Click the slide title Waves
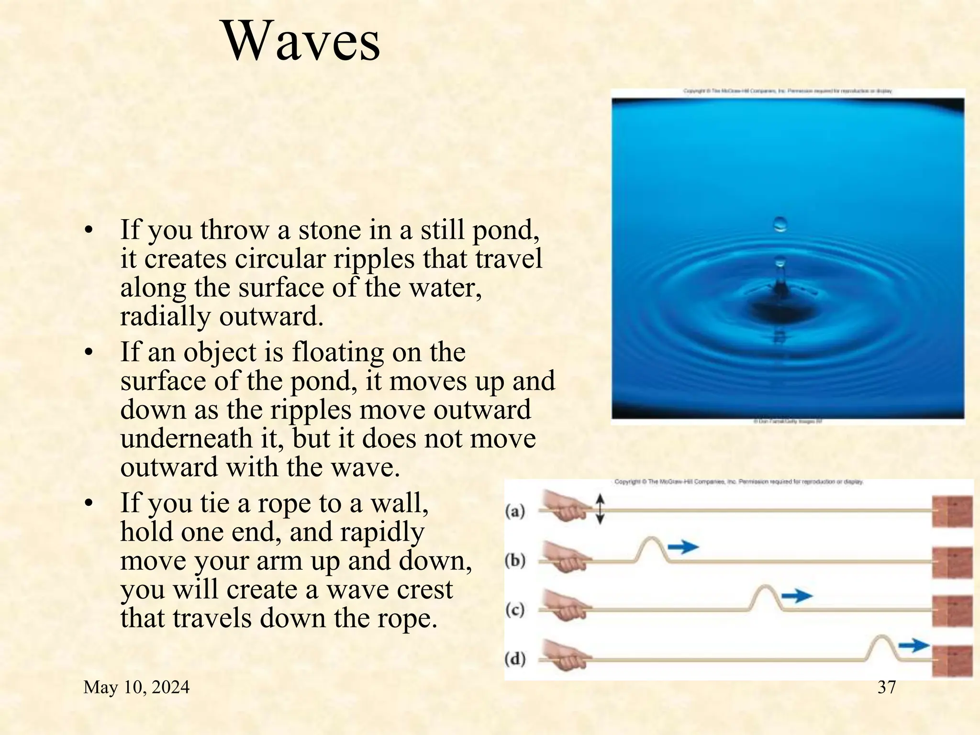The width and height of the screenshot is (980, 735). click(302, 42)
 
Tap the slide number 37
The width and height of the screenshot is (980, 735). click(887, 687)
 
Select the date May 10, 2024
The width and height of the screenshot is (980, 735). click(136, 688)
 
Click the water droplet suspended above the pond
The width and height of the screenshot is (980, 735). click(780, 224)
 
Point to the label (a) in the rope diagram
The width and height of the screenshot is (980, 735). click(515, 512)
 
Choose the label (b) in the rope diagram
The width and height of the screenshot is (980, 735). click(515, 560)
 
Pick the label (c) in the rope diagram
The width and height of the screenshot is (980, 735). click(515, 610)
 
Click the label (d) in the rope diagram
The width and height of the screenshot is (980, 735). click(515, 659)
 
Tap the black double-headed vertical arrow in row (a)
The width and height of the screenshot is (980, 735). click(601, 509)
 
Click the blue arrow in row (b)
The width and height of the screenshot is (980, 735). click(683, 546)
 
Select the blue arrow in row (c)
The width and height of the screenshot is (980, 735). click(797, 596)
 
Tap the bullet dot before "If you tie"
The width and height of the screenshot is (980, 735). click(88, 504)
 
